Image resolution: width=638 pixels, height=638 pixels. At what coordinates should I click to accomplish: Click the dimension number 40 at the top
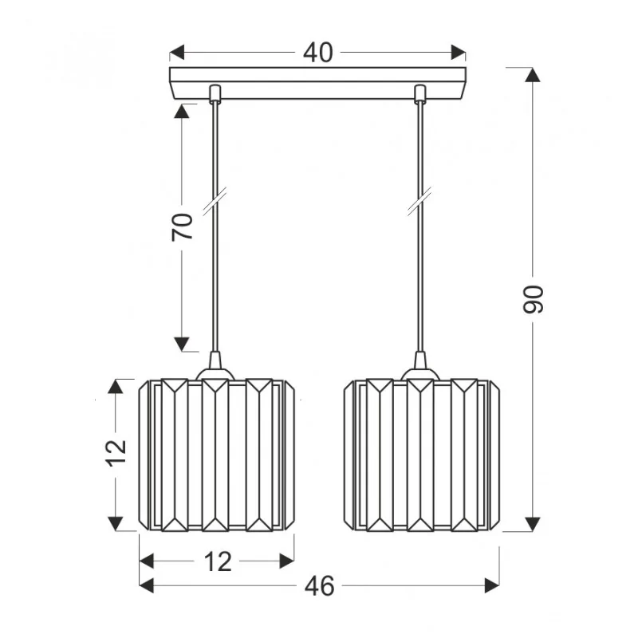(317, 53)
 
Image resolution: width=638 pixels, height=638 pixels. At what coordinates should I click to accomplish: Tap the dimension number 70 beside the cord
(182, 226)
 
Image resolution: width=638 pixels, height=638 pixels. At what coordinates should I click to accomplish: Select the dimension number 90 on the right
(533, 300)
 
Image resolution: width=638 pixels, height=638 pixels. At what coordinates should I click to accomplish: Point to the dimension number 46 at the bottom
(320, 586)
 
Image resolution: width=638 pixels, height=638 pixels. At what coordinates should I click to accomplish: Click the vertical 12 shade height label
(117, 452)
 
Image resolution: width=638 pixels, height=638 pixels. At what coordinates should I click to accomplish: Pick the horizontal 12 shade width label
(218, 561)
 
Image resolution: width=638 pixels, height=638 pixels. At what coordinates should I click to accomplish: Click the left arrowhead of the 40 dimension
(177, 53)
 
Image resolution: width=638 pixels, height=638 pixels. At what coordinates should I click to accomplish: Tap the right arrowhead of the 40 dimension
(458, 53)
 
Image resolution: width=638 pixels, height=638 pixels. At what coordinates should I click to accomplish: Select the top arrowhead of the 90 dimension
(533, 75)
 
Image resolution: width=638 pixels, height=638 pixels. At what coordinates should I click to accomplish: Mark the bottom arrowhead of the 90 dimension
(533, 524)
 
